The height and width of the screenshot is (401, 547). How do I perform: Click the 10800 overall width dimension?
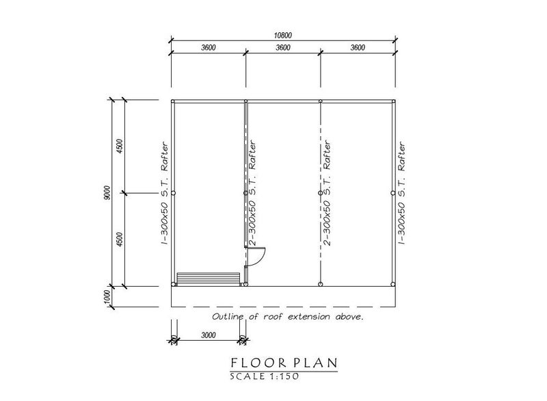(x=282, y=36)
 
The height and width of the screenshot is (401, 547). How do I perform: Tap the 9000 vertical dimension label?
(x=107, y=193)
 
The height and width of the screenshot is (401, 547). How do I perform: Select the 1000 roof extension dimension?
(x=107, y=297)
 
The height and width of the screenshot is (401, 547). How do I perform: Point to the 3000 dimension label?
(x=209, y=335)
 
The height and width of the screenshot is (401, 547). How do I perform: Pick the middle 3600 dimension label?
(x=282, y=47)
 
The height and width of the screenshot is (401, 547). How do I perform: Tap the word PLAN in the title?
(x=315, y=363)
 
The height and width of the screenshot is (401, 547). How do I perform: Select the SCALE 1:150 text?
(x=265, y=376)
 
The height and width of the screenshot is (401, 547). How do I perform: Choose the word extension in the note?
(x=309, y=317)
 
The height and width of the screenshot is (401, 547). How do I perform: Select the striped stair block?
(x=209, y=279)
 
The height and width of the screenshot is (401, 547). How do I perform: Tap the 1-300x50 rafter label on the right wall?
(x=401, y=193)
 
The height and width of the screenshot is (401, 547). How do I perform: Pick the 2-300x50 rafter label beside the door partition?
(x=253, y=193)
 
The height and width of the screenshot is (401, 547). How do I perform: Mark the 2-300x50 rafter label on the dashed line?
(x=327, y=193)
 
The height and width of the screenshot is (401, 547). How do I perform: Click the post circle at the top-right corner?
(x=393, y=101)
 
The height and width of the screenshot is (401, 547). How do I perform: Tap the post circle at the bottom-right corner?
(x=393, y=285)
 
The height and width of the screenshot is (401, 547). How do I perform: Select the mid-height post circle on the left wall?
(x=174, y=193)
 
